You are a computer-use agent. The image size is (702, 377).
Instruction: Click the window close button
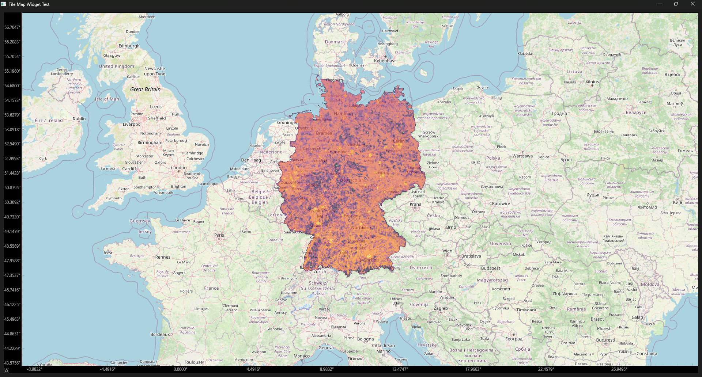tap(692, 4)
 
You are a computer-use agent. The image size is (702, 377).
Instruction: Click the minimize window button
tap(660, 4)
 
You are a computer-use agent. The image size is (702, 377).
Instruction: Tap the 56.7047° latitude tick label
tap(12, 27)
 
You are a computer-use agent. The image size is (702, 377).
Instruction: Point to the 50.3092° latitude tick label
tap(12, 202)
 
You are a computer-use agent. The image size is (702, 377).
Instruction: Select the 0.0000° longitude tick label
tap(180, 369)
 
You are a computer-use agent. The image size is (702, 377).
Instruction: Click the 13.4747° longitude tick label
tap(400, 369)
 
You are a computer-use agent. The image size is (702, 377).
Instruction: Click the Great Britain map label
tap(145, 90)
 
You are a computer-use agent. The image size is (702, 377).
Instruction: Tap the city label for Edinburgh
tap(129, 46)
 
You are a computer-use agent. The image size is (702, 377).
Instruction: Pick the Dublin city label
tap(79, 119)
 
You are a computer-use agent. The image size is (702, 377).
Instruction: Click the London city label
tap(179, 168)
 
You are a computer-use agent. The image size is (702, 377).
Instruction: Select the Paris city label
tap(219, 235)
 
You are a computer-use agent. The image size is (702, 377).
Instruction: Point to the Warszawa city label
tap(522, 156)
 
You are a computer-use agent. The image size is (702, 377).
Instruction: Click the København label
tap(385, 61)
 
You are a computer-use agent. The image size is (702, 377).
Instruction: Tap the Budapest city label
tap(490, 268)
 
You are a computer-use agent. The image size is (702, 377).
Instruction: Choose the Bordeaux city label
tap(160, 334)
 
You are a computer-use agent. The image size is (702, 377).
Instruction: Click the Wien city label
tap(447, 251)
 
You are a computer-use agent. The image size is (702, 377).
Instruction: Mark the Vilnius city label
tap(592, 82)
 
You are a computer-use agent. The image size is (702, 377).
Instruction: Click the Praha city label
tap(415, 205)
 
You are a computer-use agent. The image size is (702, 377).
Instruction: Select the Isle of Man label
tap(107, 99)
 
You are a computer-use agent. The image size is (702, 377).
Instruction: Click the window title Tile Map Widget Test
tap(29, 4)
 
